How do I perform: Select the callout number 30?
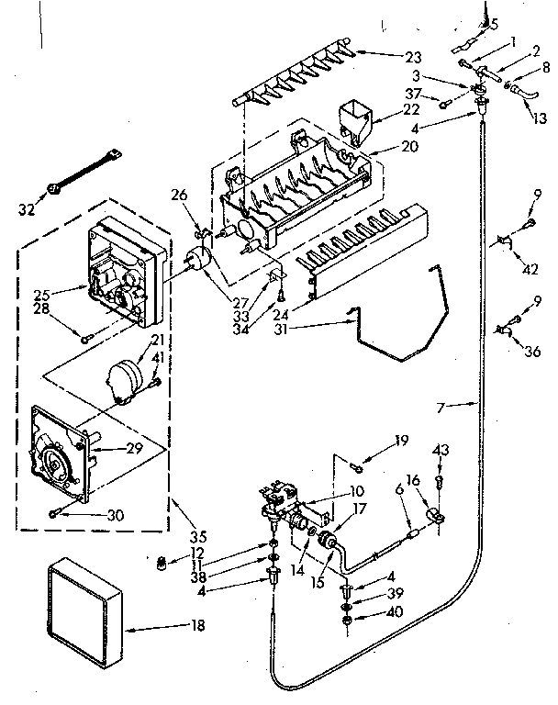coord(115,516)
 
